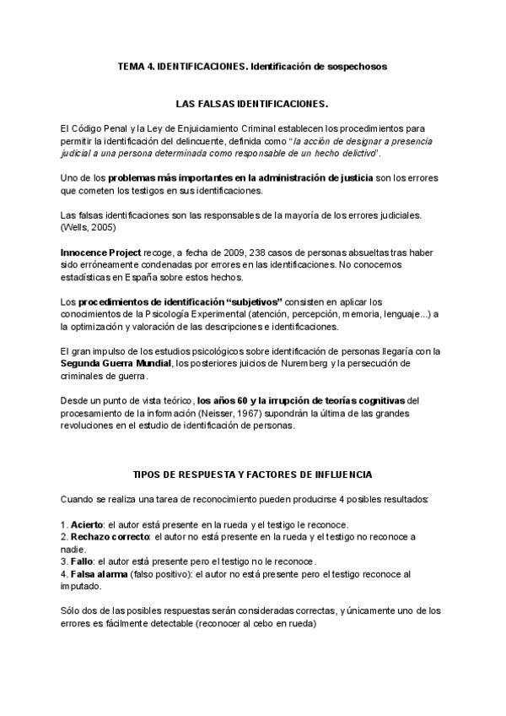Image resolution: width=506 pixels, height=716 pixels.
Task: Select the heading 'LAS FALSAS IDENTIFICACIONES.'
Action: [252, 105]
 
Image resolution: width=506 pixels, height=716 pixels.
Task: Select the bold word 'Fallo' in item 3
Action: [83, 561]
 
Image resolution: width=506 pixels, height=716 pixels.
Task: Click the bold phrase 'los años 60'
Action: [223, 401]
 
